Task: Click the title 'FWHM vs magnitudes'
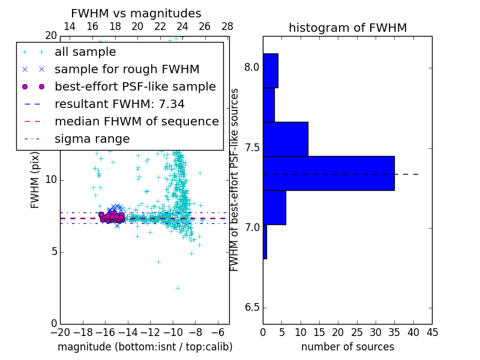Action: (136, 13)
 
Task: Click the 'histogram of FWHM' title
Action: (347, 28)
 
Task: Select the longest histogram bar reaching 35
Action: (328, 173)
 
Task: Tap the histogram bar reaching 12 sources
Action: (286, 139)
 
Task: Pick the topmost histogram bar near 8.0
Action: (271, 70)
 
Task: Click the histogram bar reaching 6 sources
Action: (274, 207)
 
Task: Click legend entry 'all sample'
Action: (85, 52)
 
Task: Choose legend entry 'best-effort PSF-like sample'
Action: (135, 87)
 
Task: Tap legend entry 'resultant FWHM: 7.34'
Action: (119, 104)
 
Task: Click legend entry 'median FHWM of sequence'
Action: (136, 122)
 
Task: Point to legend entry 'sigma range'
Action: (92, 139)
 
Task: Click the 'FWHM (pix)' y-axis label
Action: (35, 180)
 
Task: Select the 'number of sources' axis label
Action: (347, 347)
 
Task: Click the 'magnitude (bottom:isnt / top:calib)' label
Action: (145, 347)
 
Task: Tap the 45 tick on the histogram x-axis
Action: (431, 332)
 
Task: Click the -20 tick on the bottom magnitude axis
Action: (60, 332)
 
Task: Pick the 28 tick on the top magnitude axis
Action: (227, 27)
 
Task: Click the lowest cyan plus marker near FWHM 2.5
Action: (178, 288)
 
